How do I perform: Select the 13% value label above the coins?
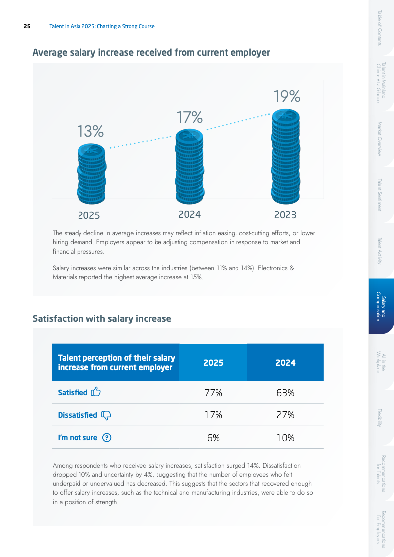pos(90,131)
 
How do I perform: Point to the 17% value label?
pos(190,117)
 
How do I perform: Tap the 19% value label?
pos(287,96)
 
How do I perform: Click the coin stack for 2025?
pos(91,170)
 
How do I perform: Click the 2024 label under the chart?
pos(189,215)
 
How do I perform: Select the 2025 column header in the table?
pos(213,363)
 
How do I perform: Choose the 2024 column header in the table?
pos(285,363)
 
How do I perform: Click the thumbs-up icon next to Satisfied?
pos(96,392)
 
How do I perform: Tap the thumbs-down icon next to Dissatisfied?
pos(106,415)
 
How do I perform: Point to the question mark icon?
pos(107,438)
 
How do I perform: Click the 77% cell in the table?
pos(213,393)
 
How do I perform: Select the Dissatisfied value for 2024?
pos(285,415)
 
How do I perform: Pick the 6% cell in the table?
pos(213,438)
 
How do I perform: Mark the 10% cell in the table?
pos(285,438)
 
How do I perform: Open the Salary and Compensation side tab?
pos(381,306)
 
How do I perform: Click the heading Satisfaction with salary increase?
pos(102,319)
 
